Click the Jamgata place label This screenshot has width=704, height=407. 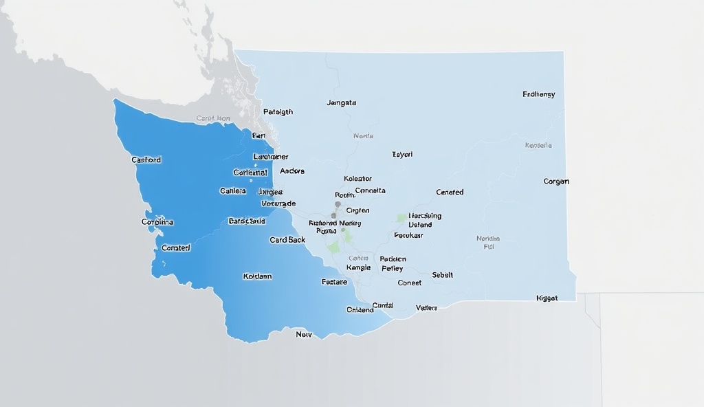tap(342, 103)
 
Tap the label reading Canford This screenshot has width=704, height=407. tap(146, 160)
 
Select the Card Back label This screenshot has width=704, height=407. tap(287, 240)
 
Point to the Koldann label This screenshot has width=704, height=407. tap(258, 276)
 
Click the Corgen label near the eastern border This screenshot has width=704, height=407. tap(556, 182)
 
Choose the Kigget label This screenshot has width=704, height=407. tap(547, 298)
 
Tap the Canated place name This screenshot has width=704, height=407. tap(450, 192)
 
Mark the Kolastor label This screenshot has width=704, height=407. tap(357, 179)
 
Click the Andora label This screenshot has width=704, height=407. tap(292, 171)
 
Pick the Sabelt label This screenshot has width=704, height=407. tap(443, 275)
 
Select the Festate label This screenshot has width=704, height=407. tap(334, 282)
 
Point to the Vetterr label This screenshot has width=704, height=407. tap(427, 308)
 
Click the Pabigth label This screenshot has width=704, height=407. tap(278, 112)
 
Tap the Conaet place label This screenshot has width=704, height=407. tap(410, 283)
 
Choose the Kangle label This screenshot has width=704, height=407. tap(358, 268)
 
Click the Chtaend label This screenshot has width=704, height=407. tap(360, 310)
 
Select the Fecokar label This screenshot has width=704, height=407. tap(408, 235)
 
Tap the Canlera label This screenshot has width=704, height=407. tap(232, 191)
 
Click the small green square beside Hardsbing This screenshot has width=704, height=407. tap(401, 217)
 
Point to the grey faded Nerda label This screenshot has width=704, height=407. tap(363, 136)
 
